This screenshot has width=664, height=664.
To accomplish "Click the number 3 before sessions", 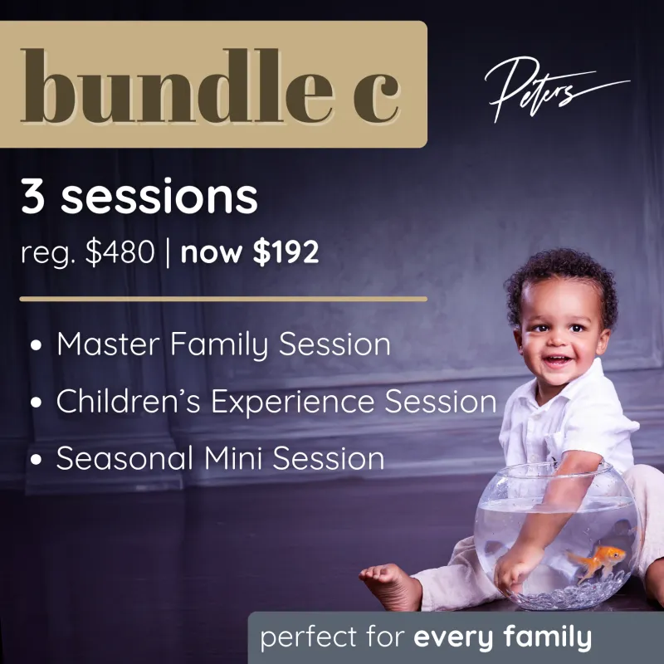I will click(33, 198).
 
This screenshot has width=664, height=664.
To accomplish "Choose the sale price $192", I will click(286, 252).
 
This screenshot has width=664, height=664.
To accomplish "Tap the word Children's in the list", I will click(128, 402).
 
